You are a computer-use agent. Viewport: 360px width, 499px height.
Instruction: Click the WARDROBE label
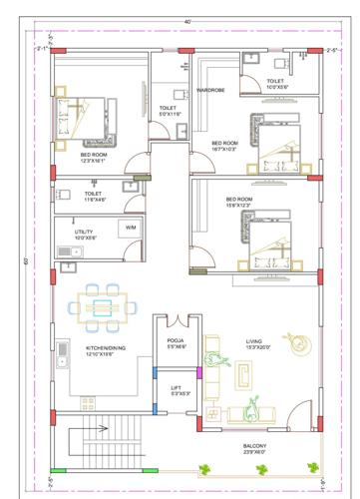[209, 90]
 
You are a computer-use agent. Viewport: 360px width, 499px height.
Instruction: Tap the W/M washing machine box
[130, 229]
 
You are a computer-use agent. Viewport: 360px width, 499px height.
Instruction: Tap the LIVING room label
[259, 343]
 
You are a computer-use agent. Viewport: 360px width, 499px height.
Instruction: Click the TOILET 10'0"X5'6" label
[277, 84]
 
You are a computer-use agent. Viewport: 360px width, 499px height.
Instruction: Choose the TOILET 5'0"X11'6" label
[171, 111]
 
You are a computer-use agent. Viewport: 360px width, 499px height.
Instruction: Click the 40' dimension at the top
[186, 21]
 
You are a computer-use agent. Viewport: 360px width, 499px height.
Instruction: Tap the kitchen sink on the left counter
[62, 350]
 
